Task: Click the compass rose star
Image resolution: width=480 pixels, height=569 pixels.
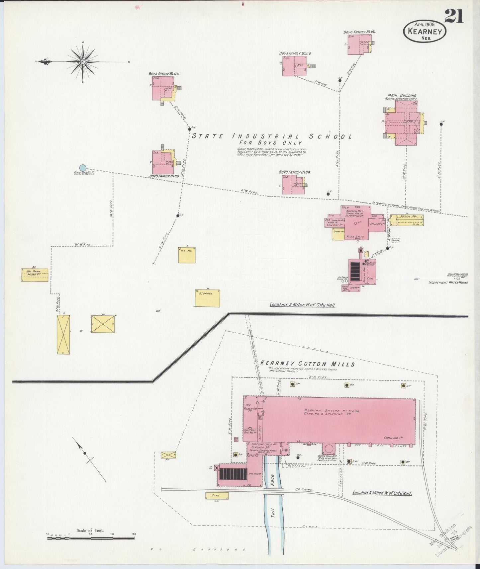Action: click(82, 61)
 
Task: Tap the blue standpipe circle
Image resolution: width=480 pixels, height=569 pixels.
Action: click(83, 168)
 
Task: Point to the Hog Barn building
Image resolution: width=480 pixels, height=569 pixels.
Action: click(35, 275)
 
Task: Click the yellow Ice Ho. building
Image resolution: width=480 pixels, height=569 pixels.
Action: click(187, 255)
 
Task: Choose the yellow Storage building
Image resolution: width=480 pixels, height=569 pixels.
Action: click(207, 298)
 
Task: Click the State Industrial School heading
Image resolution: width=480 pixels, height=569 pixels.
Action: click(272, 136)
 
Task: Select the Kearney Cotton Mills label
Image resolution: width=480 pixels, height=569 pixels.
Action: click(308, 364)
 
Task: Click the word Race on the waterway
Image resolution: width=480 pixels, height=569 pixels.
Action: click(272, 478)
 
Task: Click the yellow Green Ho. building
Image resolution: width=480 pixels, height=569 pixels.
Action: click(407, 220)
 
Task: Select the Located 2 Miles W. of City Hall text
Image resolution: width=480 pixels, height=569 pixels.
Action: click(302, 304)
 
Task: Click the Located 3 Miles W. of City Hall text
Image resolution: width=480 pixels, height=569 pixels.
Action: click(382, 493)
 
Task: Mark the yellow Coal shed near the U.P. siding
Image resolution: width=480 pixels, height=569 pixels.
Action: click(216, 496)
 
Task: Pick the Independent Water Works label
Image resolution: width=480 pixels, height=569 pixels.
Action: click(448, 283)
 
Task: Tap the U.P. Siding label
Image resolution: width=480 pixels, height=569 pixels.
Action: click(303, 490)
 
